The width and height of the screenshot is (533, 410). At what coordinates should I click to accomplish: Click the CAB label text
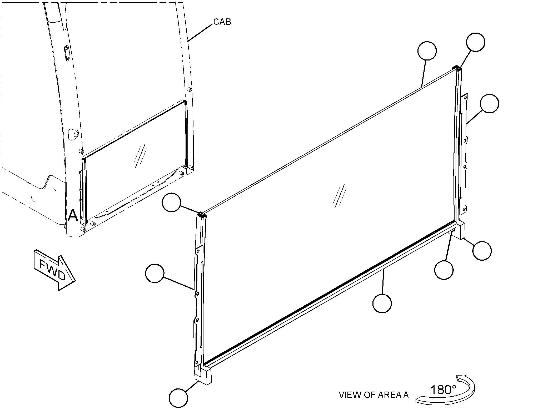point(222,22)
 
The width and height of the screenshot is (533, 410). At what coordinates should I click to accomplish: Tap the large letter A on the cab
point(73,216)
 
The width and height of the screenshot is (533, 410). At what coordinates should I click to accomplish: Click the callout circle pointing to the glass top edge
point(427,51)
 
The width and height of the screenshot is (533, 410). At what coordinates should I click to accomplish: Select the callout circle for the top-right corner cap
point(475,42)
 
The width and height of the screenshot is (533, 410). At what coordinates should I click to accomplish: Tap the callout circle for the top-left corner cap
point(172,203)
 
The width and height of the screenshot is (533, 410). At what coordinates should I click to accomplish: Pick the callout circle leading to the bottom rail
point(382,303)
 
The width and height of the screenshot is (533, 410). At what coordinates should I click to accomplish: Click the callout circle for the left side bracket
point(155,273)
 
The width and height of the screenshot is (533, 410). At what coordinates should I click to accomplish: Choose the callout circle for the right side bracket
point(489,103)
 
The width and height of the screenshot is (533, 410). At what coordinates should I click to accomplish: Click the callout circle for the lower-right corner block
point(482,251)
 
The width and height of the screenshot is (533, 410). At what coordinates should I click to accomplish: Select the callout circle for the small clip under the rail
point(444,270)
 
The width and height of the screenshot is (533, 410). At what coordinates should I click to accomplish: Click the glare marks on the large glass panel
point(340,196)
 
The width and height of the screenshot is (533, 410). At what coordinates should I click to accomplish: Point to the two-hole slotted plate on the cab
point(67,54)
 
